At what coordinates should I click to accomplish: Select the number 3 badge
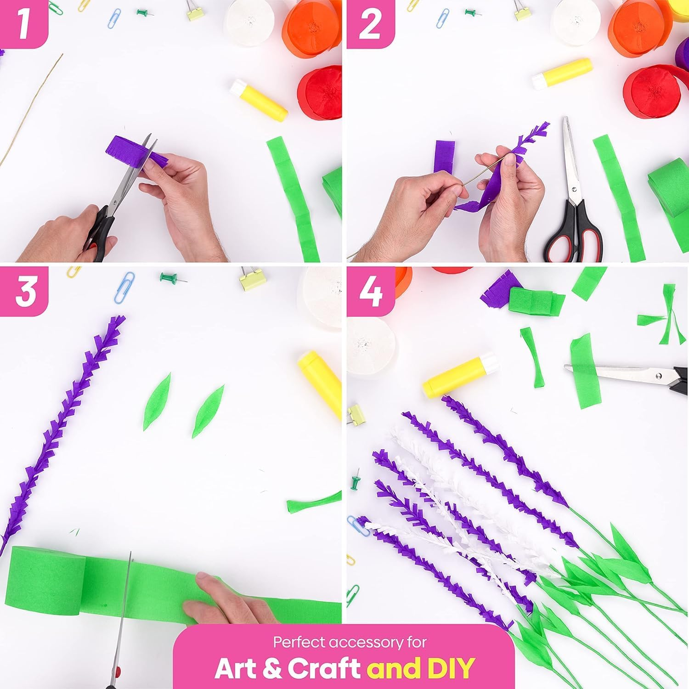point(24,291)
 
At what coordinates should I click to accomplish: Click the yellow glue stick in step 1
point(259,100)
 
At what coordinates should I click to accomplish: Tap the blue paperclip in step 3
point(124,287)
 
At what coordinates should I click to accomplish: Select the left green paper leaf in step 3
point(156,402)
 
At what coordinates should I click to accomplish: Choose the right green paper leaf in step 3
point(208,411)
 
